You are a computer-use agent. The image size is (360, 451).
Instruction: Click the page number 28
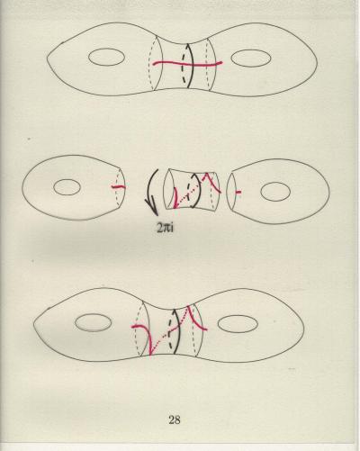(175, 419)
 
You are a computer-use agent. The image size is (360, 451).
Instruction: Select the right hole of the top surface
(251, 59)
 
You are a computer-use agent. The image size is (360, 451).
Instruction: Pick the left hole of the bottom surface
(93, 322)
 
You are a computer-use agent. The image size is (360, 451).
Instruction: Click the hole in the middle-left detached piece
(67, 187)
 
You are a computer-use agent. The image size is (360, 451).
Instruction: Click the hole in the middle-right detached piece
(275, 192)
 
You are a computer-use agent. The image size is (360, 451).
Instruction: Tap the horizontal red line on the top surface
(187, 64)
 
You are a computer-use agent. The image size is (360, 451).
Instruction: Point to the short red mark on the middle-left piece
(118, 187)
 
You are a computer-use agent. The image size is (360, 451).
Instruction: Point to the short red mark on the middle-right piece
(238, 192)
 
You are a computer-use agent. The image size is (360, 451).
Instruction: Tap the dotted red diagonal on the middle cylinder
(190, 193)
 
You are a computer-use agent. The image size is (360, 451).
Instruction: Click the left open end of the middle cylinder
(169, 189)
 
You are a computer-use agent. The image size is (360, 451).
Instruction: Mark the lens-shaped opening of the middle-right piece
(231, 192)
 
